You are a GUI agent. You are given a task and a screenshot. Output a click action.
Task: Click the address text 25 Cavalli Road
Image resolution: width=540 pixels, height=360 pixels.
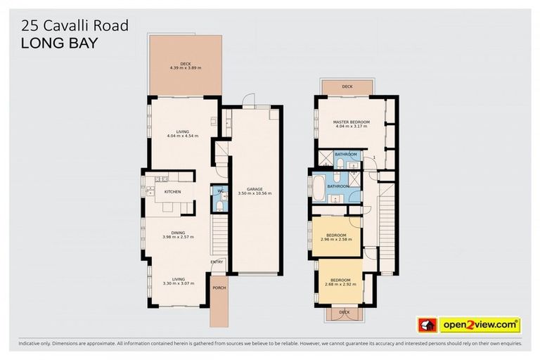coord(75,26)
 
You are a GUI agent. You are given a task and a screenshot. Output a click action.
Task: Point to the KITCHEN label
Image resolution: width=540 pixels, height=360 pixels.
coord(172,192)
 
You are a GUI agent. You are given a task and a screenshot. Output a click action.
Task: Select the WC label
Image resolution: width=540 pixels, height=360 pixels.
coord(219,191)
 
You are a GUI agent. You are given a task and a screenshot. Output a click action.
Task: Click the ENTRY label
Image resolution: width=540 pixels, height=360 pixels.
coord(217,263)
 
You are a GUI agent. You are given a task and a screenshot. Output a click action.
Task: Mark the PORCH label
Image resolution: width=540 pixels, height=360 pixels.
coord(218,287)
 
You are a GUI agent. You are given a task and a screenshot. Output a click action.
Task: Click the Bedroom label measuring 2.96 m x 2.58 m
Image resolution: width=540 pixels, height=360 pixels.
coord(335,237)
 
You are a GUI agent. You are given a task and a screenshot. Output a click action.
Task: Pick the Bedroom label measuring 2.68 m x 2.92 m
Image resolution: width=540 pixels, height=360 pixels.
coord(340,283)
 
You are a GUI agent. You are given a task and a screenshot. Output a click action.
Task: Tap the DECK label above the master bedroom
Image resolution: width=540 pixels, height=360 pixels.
coord(347,86)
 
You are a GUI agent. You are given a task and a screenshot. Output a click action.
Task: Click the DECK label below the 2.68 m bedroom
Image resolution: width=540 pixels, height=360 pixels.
coord(344,312)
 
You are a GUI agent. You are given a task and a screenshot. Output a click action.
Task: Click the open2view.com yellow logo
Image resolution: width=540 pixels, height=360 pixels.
coord(479,325)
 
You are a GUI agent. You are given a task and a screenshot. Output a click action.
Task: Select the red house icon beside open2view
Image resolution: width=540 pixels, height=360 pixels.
coord(427,325)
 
